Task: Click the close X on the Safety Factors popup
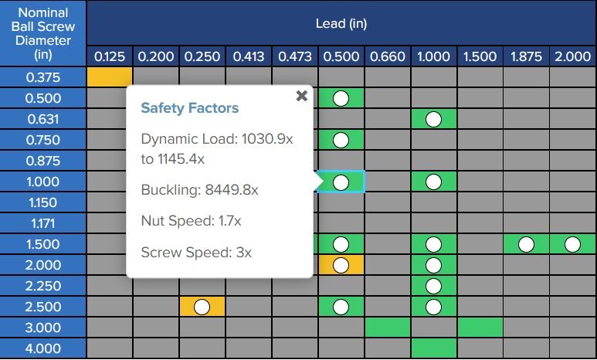(301, 96)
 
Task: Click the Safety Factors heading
(189, 108)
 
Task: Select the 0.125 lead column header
(110, 56)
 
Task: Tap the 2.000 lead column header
(572, 56)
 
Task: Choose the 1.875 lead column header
(526, 56)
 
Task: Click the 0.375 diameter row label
(43, 77)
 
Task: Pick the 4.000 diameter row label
(43, 348)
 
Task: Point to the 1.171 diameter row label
(43, 223)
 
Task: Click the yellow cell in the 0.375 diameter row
(110, 77)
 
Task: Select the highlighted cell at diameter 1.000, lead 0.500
(341, 182)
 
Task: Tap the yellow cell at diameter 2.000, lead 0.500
(341, 265)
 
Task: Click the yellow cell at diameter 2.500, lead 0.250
(202, 307)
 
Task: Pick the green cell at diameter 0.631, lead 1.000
(433, 119)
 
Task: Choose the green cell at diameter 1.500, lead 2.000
(572, 244)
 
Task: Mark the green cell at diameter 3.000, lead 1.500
(480, 328)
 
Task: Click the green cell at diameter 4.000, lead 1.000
(433, 348)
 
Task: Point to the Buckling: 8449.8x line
(199, 190)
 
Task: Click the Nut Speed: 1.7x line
(191, 221)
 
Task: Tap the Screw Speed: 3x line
(196, 252)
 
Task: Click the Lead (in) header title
(341, 23)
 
